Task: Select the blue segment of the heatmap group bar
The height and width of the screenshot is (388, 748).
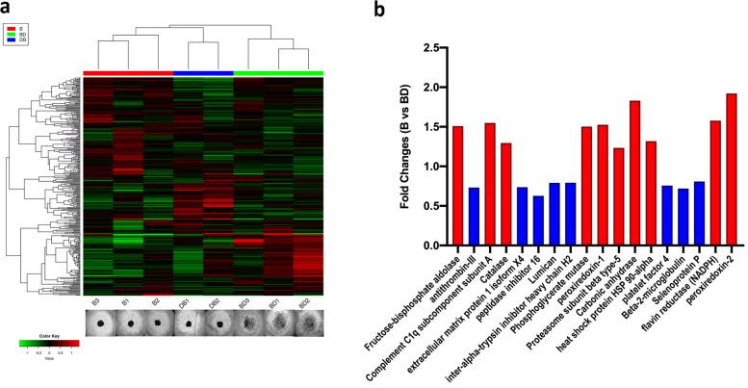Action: tap(203, 73)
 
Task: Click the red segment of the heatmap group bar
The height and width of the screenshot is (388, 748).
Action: tap(128, 73)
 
